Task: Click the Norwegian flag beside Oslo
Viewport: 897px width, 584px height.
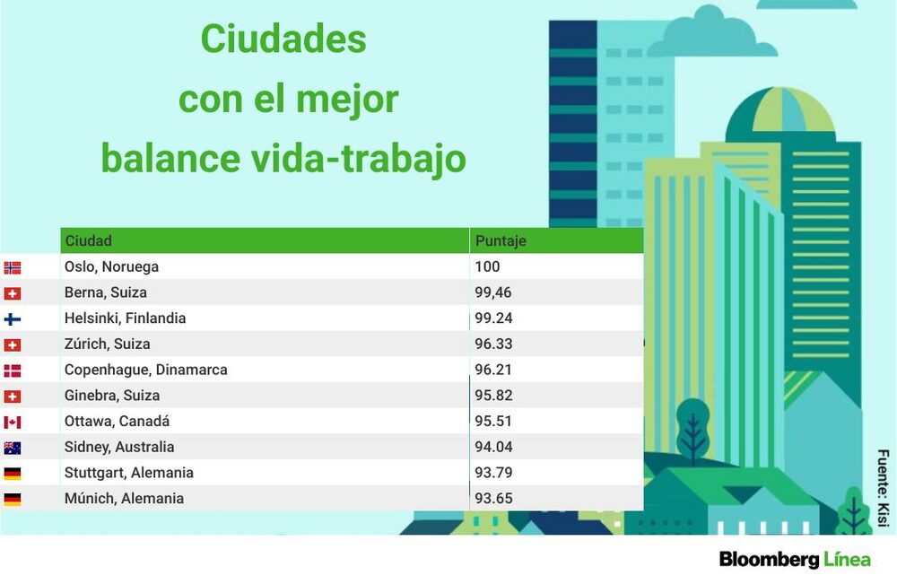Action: (x=12, y=267)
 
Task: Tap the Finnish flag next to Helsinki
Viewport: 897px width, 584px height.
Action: (x=12, y=318)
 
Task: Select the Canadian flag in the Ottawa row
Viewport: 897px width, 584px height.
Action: (x=12, y=423)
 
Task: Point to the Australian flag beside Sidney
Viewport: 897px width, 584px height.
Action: (x=12, y=448)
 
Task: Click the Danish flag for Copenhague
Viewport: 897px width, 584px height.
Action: (x=12, y=370)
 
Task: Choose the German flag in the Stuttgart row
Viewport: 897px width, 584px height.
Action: (x=12, y=474)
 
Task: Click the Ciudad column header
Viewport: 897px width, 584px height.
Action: (x=88, y=240)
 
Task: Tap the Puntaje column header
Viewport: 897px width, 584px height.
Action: (x=501, y=240)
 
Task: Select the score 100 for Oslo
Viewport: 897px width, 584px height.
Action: (x=487, y=266)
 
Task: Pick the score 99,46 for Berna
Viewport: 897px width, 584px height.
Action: (x=493, y=292)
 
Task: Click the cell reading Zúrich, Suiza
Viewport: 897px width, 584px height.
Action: (x=107, y=344)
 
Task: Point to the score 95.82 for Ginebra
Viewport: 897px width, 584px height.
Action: (x=493, y=396)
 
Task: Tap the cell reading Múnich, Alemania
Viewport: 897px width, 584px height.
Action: (x=124, y=498)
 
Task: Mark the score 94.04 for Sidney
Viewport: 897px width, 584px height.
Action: (x=493, y=447)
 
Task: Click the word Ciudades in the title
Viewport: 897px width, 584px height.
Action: (x=283, y=39)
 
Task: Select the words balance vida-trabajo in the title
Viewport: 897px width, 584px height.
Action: (x=283, y=159)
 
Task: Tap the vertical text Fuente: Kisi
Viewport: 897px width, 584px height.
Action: (x=884, y=488)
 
